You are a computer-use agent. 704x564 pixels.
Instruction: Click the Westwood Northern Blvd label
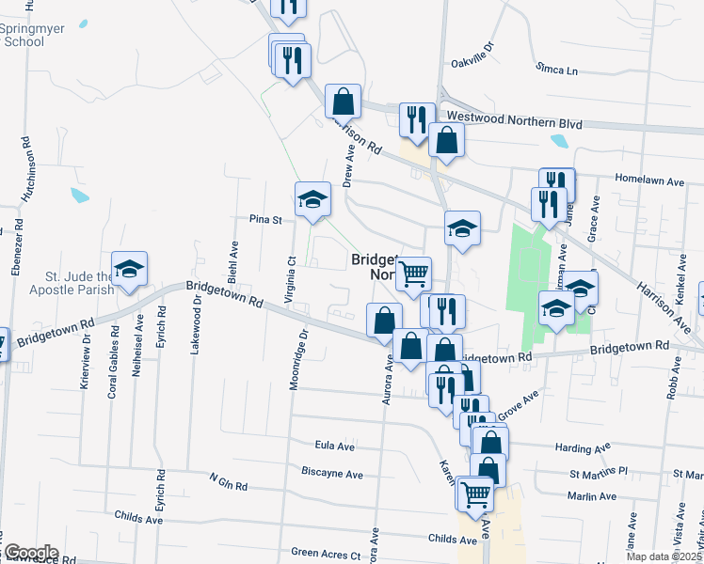pos(514,123)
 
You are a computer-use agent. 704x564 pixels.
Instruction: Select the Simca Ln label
pos(557,70)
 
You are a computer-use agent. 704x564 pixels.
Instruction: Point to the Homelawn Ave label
pos(646,177)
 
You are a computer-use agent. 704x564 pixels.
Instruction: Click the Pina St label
pos(265,219)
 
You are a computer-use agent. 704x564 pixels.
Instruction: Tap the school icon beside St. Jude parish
pos(130,270)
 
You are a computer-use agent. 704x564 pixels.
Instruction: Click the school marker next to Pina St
pos(313,200)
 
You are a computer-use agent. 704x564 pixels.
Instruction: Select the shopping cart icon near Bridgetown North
pos(413,275)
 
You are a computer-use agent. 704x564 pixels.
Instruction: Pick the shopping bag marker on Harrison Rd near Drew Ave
pos(344,102)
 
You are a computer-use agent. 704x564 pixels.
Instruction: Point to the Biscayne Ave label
pos(332,475)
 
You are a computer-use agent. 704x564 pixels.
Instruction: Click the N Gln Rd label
pos(228,482)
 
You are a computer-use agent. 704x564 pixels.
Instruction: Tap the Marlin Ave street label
pos(591,496)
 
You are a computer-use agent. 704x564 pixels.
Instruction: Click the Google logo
pos(30,553)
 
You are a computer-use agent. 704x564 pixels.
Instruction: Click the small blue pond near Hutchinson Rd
pos(79,196)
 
